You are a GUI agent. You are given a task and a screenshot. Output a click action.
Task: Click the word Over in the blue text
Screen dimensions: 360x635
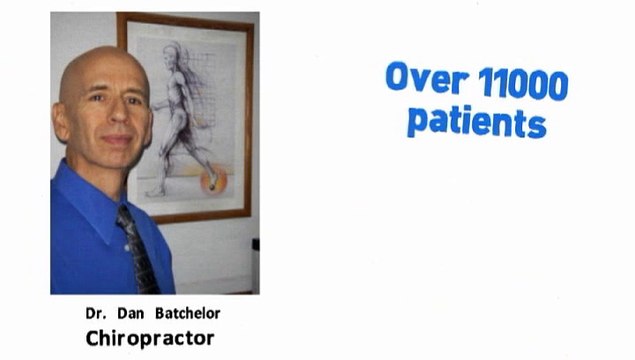[421, 78]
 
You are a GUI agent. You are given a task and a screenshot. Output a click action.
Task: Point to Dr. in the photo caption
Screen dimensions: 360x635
[95, 314]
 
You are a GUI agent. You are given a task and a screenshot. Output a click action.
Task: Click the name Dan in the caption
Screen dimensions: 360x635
[126, 314]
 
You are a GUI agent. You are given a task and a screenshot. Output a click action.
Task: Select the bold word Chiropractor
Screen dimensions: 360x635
[150, 338]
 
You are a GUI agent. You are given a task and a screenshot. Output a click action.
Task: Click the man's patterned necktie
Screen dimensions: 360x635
[140, 250]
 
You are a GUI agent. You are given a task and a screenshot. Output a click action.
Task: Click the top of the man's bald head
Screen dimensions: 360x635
[95, 55]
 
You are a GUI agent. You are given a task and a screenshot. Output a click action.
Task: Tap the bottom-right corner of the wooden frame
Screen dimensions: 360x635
[249, 219]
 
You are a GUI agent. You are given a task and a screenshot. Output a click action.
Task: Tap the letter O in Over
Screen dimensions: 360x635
[399, 77]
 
